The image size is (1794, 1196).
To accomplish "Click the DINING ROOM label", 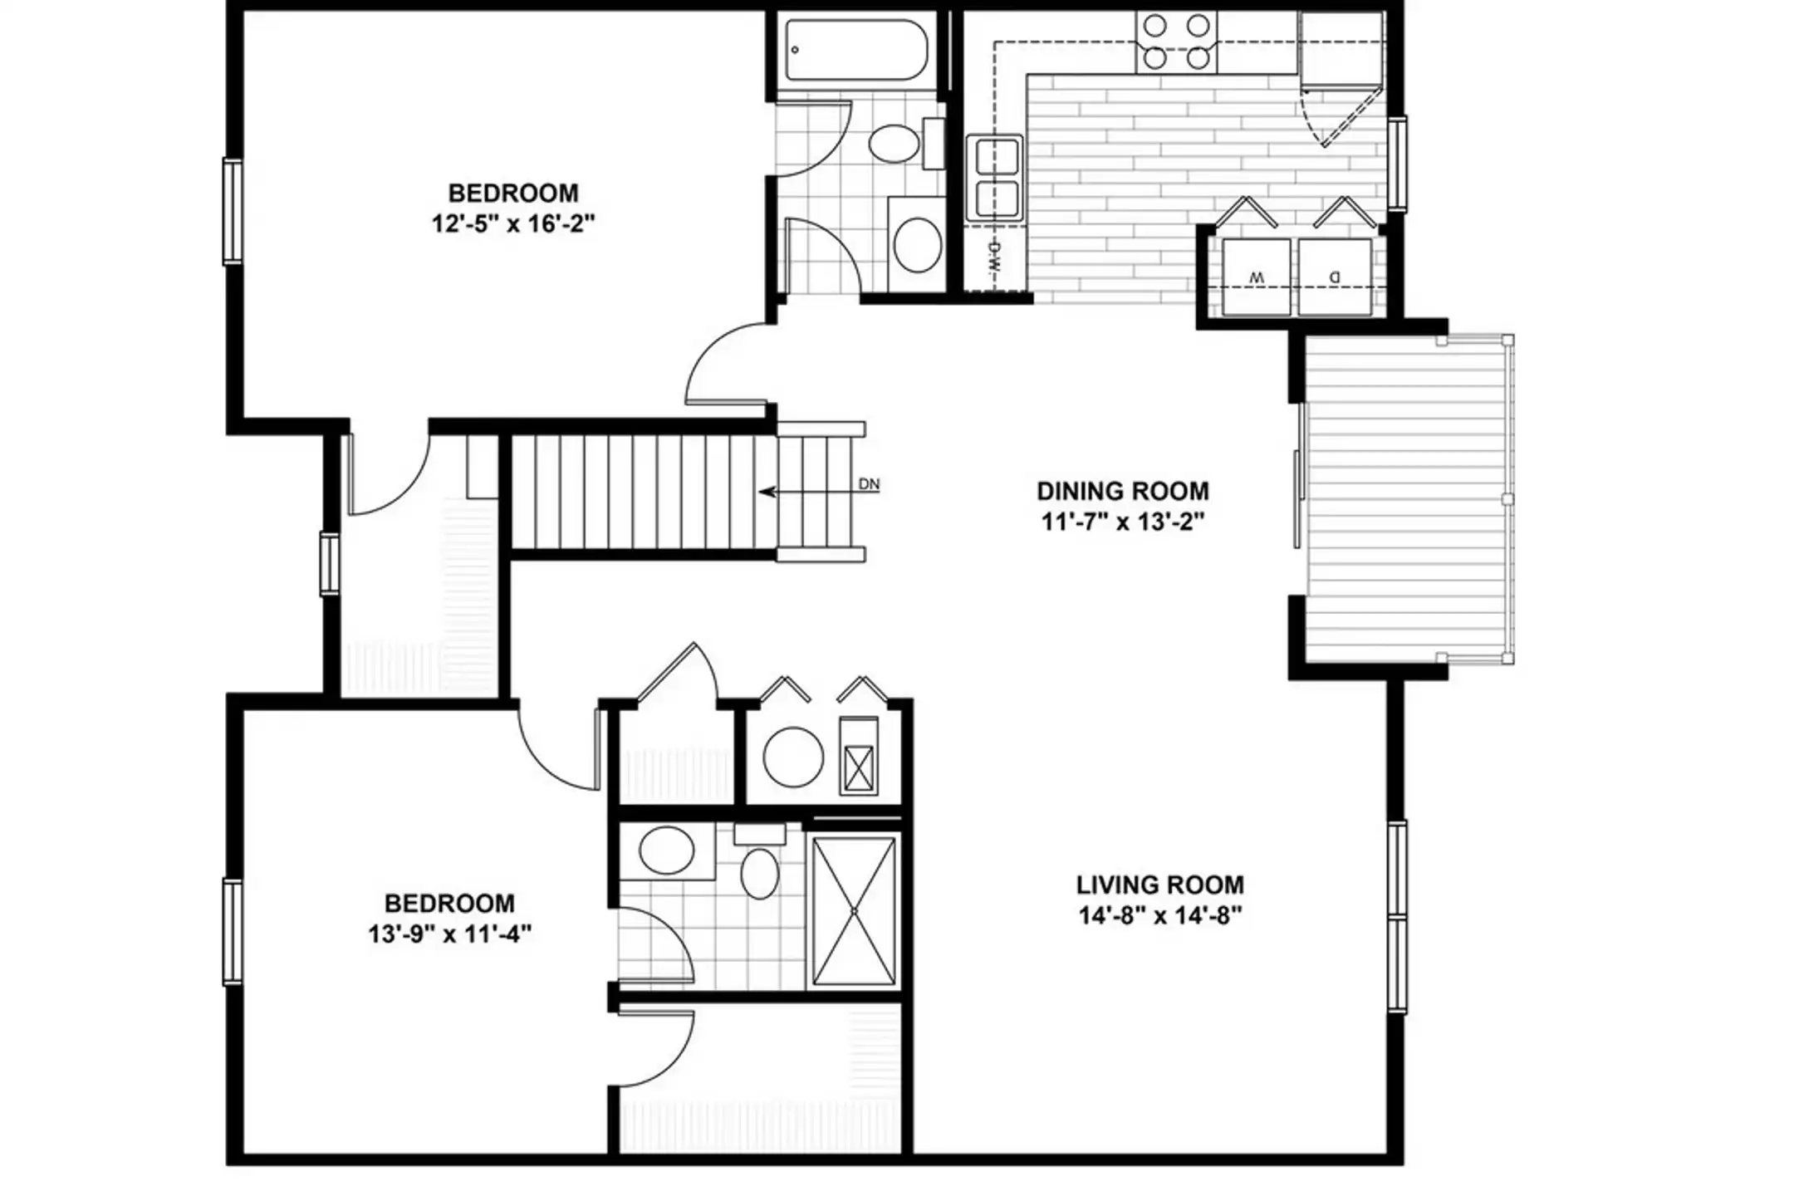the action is pyautogui.click(x=1122, y=491).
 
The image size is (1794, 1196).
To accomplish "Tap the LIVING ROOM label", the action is pyautogui.click(x=1159, y=885).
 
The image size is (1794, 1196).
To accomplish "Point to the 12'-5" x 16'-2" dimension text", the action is pyautogui.click(x=513, y=223).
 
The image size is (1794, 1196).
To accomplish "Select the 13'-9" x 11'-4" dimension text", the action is pyautogui.click(x=449, y=934).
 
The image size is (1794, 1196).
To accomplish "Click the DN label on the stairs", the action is pyautogui.click(x=869, y=484).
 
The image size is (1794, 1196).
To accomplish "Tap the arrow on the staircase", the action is pyautogui.click(x=810, y=492).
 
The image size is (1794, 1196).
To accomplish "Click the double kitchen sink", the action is pyautogui.click(x=995, y=179).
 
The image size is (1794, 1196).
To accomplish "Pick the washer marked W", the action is pyautogui.click(x=1257, y=277).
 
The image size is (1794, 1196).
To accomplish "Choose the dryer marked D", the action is pyautogui.click(x=1335, y=277).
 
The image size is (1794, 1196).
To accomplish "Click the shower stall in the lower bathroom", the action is pyautogui.click(x=854, y=911).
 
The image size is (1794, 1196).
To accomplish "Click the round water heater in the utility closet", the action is pyautogui.click(x=793, y=757).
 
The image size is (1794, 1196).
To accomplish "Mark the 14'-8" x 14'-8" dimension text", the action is pyautogui.click(x=1159, y=915).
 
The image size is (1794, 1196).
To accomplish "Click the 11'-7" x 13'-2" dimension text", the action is pyautogui.click(x=1122, y=522).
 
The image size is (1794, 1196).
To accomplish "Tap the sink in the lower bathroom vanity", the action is pyautogui.click(x=667, y=850).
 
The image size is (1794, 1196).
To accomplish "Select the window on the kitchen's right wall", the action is pyautogui.click(x=1398, y=164).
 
